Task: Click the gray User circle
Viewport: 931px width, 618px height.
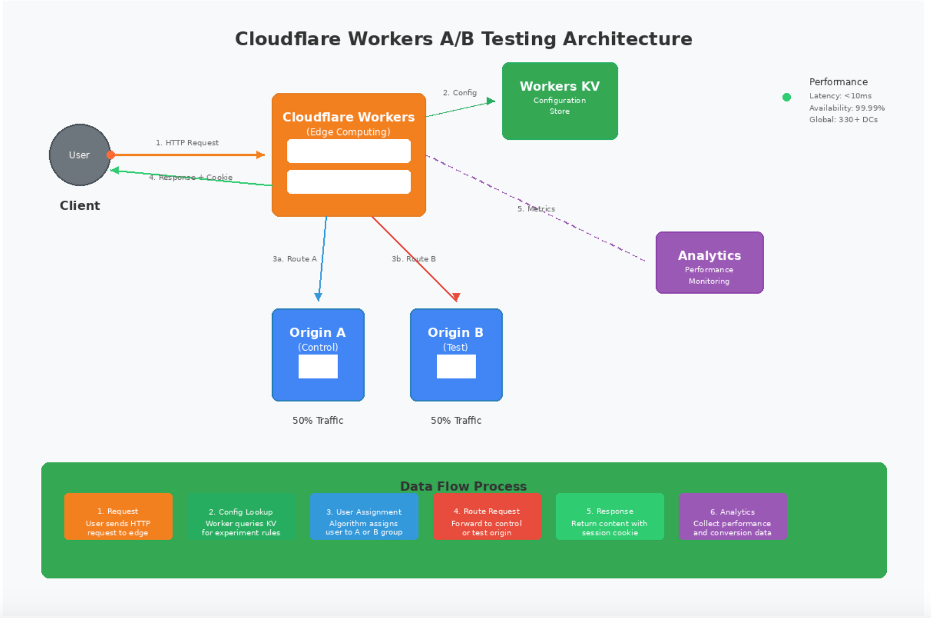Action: pos(79,155)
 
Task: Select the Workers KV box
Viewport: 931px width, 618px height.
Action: pos(560,101)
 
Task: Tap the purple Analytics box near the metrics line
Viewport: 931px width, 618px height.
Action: pos(710,263)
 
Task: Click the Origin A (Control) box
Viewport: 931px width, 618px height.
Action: pos(318,355)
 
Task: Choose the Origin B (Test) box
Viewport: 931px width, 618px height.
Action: pos(456,355)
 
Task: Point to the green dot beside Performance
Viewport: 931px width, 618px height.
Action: pos(786,97)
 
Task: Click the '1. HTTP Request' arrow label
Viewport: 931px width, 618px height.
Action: pos(187,142)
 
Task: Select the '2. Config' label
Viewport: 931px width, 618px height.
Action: pos(460,92)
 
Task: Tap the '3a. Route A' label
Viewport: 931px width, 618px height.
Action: pos(295,259)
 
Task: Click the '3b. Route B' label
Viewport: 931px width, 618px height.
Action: pos(414,259)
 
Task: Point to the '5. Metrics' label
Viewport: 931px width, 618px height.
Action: pos(536,209)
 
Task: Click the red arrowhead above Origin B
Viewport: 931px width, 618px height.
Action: pos(456,297)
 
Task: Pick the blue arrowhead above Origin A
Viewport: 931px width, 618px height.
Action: pos(318,297)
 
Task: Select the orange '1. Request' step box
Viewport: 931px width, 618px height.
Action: pos(118,517)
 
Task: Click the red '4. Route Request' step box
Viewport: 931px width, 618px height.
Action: pos(487,517)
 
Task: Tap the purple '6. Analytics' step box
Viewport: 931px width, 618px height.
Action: pos(733,517)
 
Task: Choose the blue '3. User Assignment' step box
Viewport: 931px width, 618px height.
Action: pos(364,517)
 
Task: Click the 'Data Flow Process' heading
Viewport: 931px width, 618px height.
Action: pos(463,486)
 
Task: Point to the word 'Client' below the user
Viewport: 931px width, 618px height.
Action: pos(80,205)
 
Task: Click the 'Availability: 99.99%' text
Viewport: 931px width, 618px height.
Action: pos(847,108)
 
